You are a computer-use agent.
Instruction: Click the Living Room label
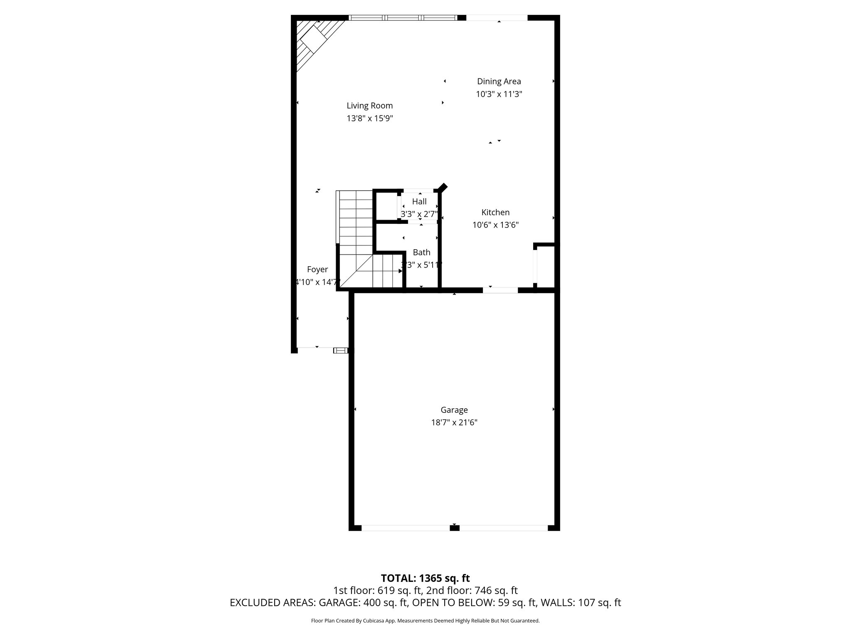click(369, 106)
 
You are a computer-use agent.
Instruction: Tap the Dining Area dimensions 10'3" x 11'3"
click(499, 94)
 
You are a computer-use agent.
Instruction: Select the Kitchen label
click(495, 212)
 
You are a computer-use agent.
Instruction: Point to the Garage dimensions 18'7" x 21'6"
click(454, 423)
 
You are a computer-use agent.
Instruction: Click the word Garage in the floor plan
click(454, 410)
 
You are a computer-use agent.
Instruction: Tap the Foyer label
click(317, 270)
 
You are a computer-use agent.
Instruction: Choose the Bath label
click(421, 252)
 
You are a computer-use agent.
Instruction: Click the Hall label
click(419, 201)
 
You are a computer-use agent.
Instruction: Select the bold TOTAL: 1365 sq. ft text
click(425, 578)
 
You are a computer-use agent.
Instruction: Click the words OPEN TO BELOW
click(454, 603)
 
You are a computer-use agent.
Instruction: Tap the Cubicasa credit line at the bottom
click(425, 621)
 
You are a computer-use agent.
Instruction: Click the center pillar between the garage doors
click(454, 528)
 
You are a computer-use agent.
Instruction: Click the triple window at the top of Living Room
click(402, 18)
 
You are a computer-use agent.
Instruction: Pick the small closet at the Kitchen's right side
click(546, 266)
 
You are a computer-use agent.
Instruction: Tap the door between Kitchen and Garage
click(500, 290)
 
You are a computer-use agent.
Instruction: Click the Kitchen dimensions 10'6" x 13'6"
click(495, 225)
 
